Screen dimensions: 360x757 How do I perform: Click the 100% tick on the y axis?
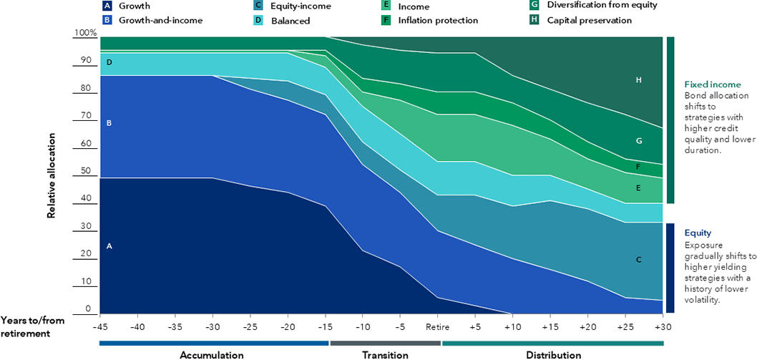coord(85,33)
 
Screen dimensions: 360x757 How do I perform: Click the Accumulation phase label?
coord(212,354)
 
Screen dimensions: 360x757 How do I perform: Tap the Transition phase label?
coord(385,354)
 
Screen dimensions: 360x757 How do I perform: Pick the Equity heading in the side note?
coord(698,233)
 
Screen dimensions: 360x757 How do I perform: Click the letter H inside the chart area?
coord(638,81)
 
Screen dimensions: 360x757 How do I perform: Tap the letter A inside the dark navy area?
coord(109,245)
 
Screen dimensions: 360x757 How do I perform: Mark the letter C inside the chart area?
coord(638,260)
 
